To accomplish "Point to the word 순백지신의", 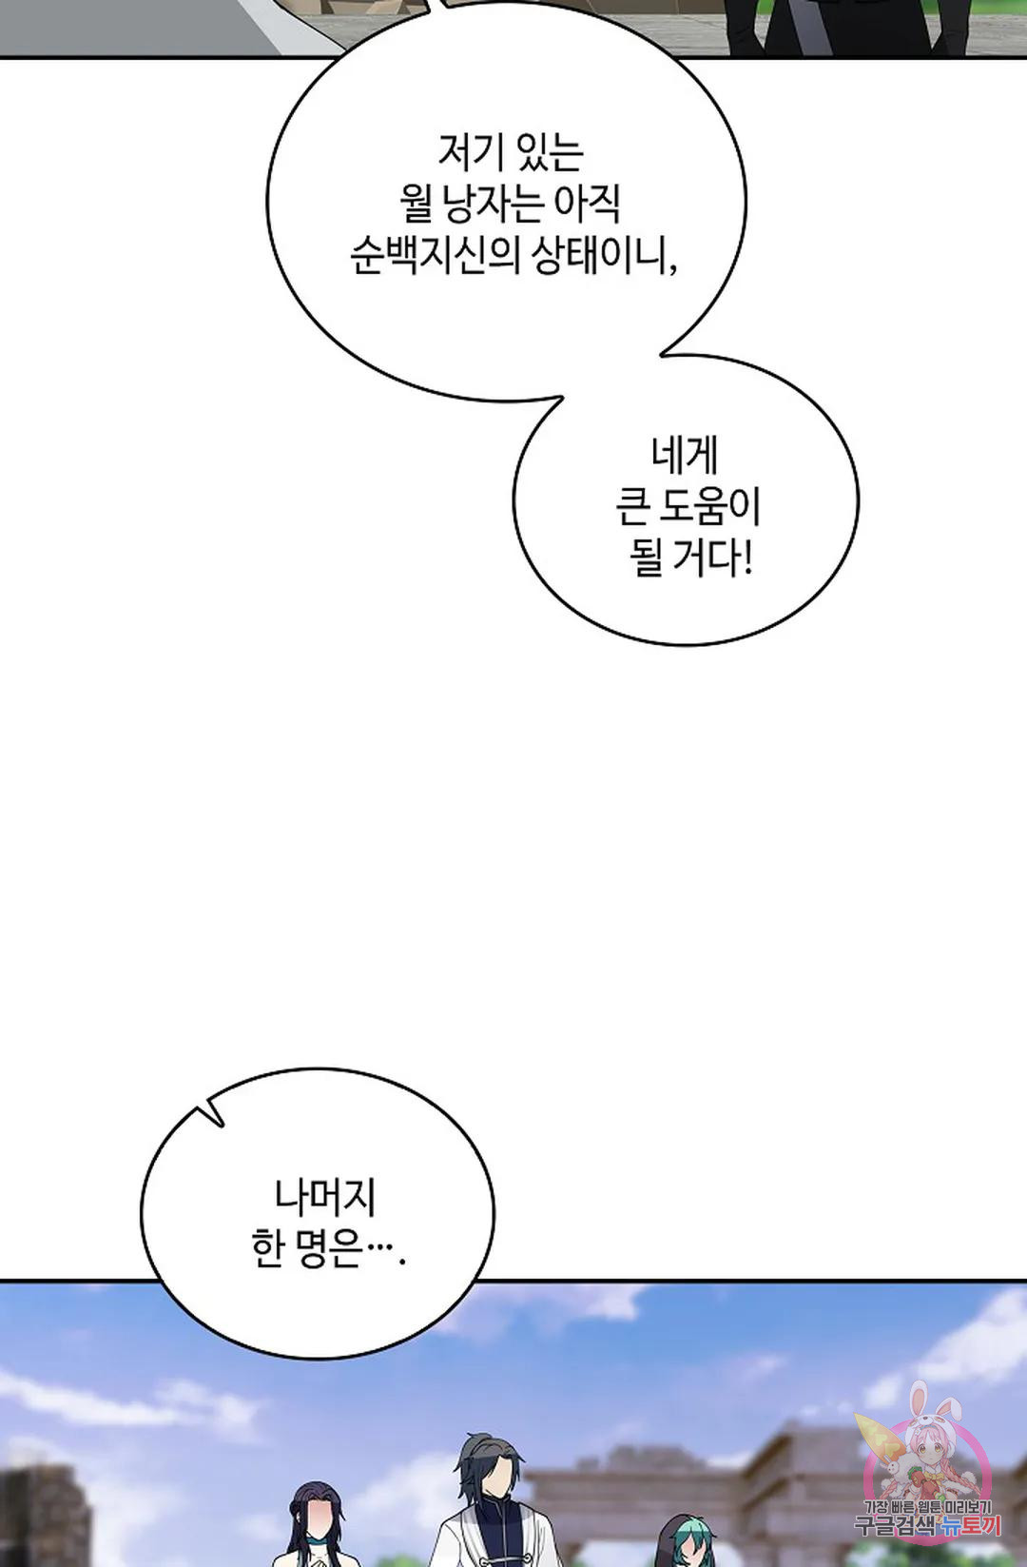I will point(435,255).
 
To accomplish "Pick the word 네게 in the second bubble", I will point(685,455).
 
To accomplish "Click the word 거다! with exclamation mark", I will point(712,558).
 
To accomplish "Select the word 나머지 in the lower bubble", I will point(325,1197).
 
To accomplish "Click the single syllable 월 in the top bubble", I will point(416,203).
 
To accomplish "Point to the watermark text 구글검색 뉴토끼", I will point(928,1525).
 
